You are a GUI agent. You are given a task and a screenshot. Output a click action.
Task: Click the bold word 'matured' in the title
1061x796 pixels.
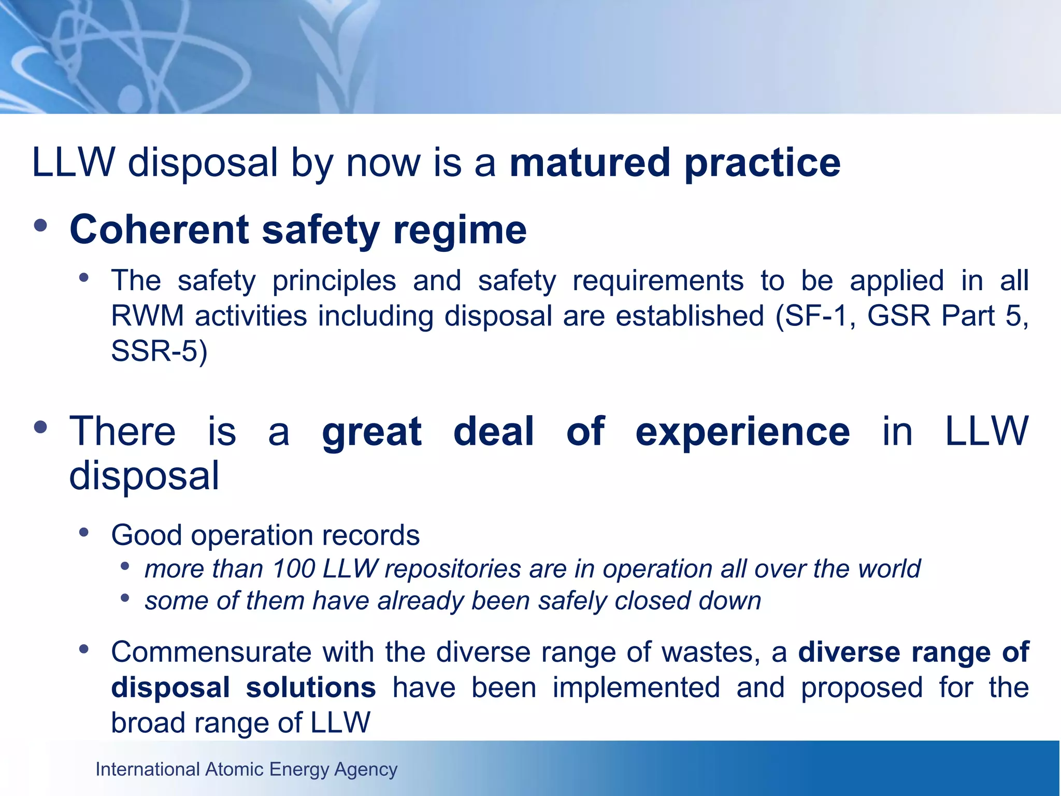click(x=590, y=163)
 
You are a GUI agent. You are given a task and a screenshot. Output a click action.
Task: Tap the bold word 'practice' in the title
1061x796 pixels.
click(x=762, y=164)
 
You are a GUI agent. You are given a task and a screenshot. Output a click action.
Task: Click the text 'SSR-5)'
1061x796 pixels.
click(x=159, y=351)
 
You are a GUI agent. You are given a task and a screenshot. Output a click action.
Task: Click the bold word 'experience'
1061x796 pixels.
click(x=742, y=431)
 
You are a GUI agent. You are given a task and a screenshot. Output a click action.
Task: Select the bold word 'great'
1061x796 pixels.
click(x=371, y=432)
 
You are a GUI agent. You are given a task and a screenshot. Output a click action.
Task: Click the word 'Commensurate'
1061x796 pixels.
click(x=211, y=651)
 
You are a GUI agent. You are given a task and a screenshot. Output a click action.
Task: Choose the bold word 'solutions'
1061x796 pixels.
click(x=310, y=688)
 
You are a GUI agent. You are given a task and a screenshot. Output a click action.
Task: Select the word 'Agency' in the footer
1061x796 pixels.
click(x=366, y=770)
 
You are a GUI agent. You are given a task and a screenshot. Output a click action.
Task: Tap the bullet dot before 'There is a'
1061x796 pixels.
click(x=40, y=428)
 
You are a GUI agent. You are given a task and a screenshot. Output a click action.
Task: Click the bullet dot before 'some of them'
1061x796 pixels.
click(x=124, y=598)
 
